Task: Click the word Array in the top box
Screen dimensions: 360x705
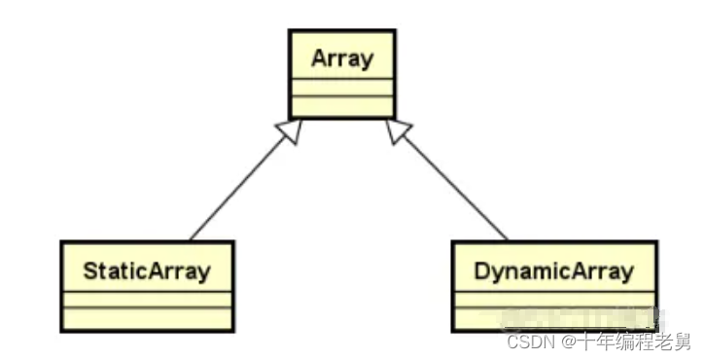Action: (341, 58)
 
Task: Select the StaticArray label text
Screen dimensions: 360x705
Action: (147, 270)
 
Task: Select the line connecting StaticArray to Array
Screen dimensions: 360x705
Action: (238, 187)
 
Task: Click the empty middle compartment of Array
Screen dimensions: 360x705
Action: (341, 88)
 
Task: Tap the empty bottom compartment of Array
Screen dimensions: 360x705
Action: (341, 106)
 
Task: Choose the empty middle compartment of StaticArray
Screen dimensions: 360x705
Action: (147, 299)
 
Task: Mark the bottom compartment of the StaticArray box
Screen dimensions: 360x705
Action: (147, 317)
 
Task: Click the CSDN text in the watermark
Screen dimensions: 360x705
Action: (526, 342)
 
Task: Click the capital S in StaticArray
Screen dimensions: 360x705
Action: (89, 270)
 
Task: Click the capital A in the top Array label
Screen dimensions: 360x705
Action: (319, 58)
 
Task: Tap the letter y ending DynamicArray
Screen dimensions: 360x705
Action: (628, 271)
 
